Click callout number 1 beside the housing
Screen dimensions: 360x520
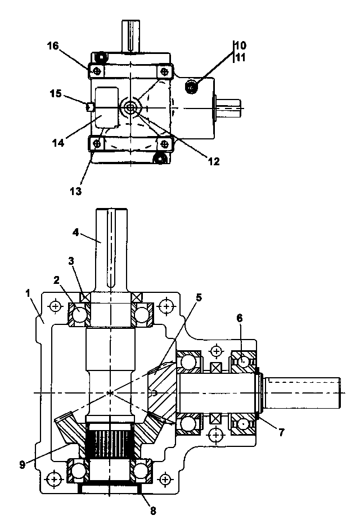coord(28,293)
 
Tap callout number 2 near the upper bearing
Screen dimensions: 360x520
coord(56,281)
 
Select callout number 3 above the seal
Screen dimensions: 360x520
coord(71,261)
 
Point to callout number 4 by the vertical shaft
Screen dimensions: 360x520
coord(75,233)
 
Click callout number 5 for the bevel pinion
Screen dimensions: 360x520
coord(199,297)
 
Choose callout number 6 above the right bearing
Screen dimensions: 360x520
coord(240,318)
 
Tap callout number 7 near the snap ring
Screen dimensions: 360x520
coord(281,432)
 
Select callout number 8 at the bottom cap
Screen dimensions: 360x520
coord(153,510)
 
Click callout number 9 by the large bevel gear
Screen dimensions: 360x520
coord(22,464)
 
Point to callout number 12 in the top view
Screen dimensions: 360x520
coord(214,161)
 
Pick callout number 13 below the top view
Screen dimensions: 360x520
coord(75,191)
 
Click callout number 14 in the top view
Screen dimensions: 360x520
coord(58,143)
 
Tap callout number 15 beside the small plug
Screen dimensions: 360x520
coord(56,94)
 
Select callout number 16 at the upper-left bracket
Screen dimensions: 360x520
coord(53,46)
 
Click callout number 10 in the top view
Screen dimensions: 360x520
coord(241,45)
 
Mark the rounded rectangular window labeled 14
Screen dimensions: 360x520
coord(106,107)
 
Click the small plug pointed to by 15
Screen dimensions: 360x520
coord(90,107)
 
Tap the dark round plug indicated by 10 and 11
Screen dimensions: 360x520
coord(191,88)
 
